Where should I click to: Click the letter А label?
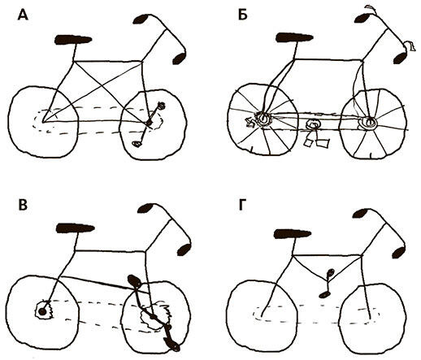pyautogui.click(x=23, y=15)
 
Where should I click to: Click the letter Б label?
pyautogui.click(x=243, y=15)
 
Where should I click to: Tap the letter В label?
pyautogui.click(x=23, y=205)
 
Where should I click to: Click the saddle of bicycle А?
pyautogui.click(x=73, y=40)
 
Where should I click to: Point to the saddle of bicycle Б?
pyautogui.click(x=294, y=37)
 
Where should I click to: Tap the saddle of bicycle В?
pyautogui.click(x=75, y=228)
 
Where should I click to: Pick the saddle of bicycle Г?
pyautogui.click(x=293, y=234)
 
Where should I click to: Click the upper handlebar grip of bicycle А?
pyautogui.click(x=141, y=20)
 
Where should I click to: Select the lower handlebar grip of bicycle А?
pyautogui.click(x=180, y=59)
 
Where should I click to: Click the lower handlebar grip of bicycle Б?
pyautogui.click(x=400, y=58)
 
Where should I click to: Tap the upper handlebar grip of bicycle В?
pyautogui.click(x=145, y=208)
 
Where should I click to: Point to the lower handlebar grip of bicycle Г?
pyautogui.click(x=399, y=252)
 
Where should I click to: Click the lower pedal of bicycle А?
pyautogui.click(x=137, y=144)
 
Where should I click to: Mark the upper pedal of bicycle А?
pyautogui.click(x=162, y=106)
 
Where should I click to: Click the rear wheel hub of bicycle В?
pyautogui.click(x=42, y=311)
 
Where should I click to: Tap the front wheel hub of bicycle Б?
pyautogui.click(x=369, y=123)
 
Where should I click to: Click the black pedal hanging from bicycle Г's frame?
pyautogui.click(x=323, y=294)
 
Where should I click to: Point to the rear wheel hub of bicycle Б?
pyautogui.click(x=263, y=119)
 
